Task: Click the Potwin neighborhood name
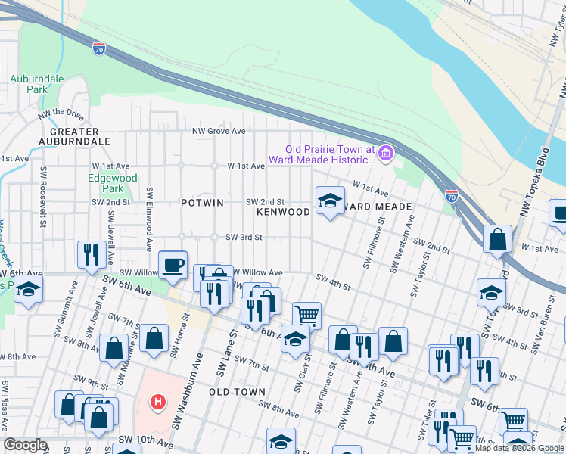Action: (202, 203)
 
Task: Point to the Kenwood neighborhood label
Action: (283, 212)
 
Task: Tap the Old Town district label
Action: (237, 392)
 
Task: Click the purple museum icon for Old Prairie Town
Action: (386, 154)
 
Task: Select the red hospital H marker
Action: (157, 400)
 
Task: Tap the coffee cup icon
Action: (173, 265)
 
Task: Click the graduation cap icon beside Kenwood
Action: (329, 201)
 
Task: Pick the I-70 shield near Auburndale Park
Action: (99, 48)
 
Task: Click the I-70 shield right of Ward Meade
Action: (452, 196)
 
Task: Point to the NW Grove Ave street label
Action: (219, 131)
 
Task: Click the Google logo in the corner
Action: (25, 445)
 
